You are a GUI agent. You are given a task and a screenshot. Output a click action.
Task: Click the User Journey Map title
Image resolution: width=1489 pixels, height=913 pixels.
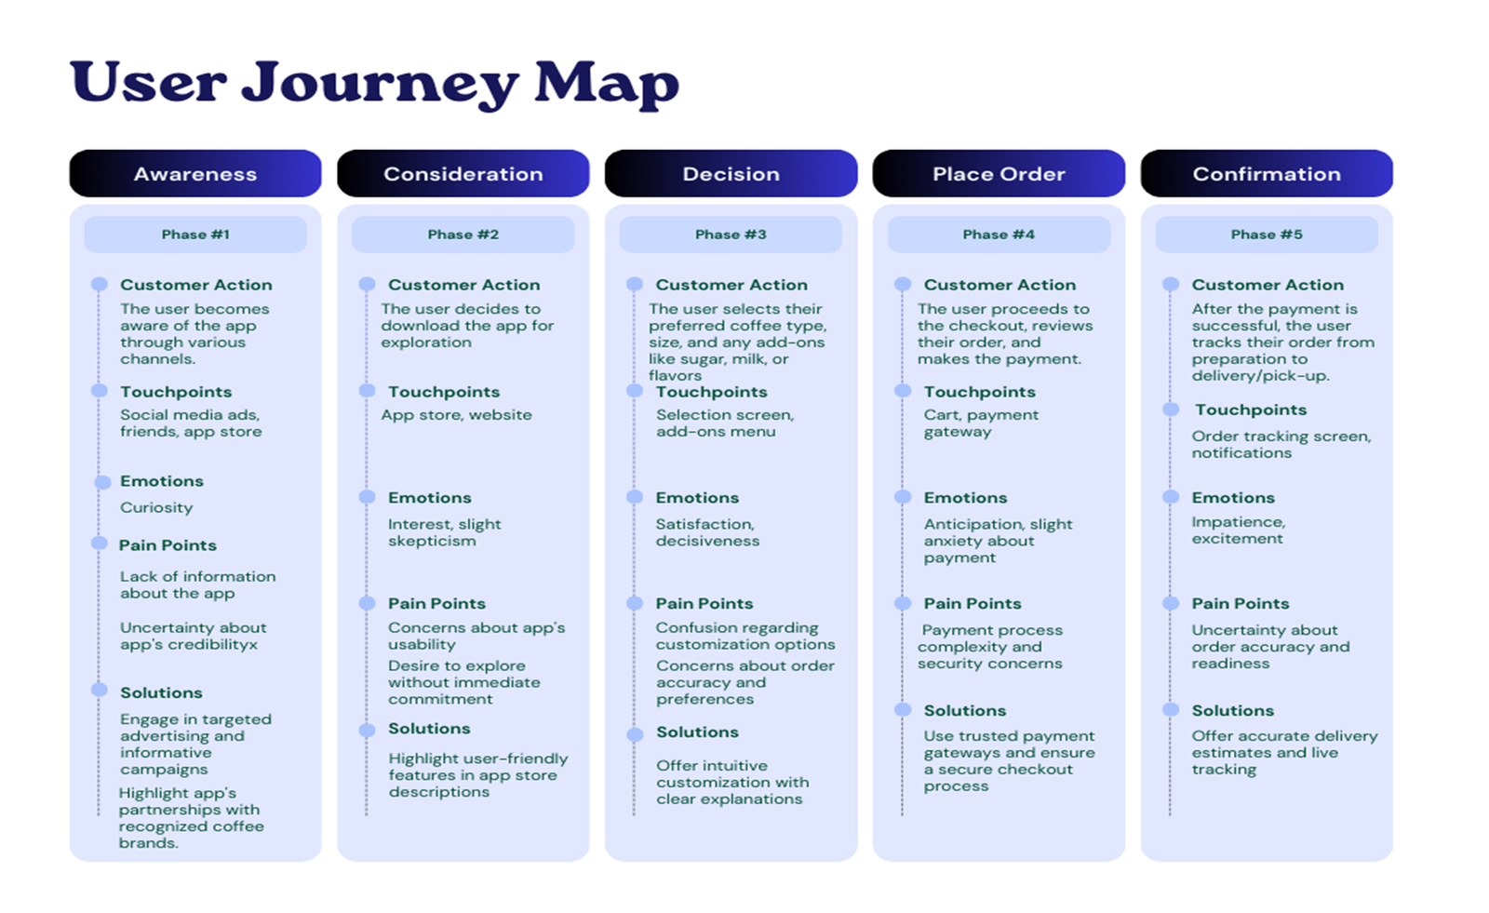(x=374, y=84)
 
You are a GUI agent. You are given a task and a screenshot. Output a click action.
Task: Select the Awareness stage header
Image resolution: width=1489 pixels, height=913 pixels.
(x=195, y=173)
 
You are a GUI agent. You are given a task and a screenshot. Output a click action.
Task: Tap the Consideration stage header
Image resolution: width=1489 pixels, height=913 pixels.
(x=463, y=173)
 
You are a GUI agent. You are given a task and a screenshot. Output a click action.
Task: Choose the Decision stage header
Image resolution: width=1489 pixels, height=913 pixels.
(x=731, y=173)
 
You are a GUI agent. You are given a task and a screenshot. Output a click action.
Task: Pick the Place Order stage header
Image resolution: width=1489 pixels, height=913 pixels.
(x=999, y=173)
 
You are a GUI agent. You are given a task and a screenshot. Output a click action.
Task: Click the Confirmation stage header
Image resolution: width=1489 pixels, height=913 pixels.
(x=1267, y=173)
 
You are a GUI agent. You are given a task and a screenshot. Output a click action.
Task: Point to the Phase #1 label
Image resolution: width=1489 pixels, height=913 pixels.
(x=195, y=235)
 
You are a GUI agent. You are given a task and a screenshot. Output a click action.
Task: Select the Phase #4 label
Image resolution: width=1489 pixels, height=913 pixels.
(x=999, y=235)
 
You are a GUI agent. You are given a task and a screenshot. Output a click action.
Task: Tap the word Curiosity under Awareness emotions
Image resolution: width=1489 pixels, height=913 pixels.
(x=156, y=508)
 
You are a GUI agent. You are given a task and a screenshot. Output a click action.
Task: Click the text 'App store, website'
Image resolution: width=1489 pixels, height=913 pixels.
(x=457, y=415)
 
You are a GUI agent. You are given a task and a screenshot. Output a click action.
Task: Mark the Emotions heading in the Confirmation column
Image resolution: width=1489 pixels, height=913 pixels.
(x=1233, y=497)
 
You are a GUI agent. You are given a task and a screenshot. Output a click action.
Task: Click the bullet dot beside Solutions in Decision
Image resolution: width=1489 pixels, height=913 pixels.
(x=635, y=734)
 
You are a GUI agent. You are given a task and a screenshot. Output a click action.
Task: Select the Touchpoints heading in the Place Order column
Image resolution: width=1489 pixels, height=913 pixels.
(x=980, y=392)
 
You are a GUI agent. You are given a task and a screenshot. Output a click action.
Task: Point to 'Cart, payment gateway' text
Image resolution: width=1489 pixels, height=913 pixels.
(x=981, y=423)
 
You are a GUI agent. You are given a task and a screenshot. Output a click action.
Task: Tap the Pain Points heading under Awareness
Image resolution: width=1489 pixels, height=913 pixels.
(x=168, y=545)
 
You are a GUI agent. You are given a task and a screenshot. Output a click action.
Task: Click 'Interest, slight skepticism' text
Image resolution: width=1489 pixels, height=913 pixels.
(x=445, y=532)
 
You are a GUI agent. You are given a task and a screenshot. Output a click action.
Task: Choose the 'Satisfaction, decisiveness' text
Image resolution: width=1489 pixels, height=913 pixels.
(x=707, y=532)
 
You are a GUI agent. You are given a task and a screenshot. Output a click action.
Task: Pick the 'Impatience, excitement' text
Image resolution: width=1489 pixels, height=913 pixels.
(x=1239, y=530)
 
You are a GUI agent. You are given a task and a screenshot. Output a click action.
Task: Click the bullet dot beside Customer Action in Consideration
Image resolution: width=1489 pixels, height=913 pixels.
(x=367, y=285)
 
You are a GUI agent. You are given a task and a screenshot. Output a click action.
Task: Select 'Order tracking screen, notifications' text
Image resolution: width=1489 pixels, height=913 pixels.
(x=1281, y=444)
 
